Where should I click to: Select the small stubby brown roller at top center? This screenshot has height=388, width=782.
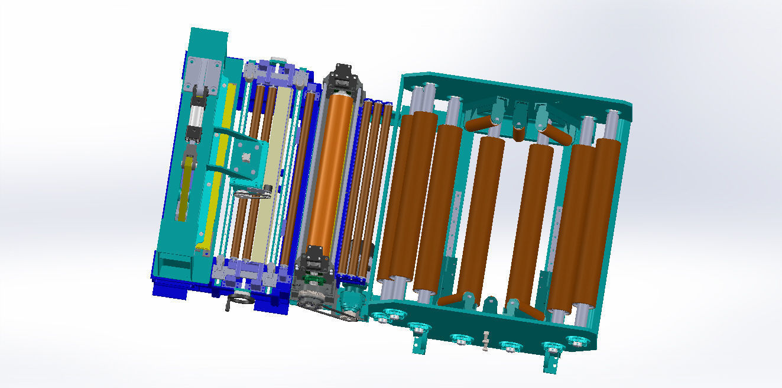(x=518, y=134)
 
